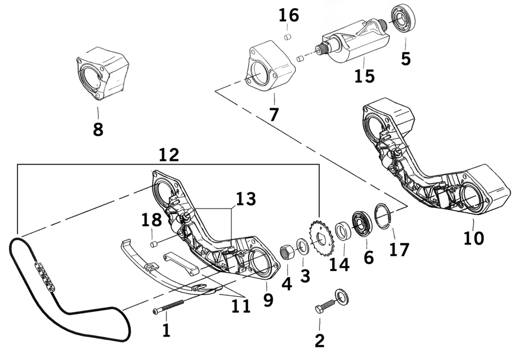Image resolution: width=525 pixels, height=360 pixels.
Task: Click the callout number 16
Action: (x=289, y=15)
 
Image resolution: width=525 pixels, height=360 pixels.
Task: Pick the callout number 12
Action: (x=169, y=155)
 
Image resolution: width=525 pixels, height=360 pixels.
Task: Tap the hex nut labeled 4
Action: (x=287, y=253)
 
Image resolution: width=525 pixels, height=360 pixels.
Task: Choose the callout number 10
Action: (x=473, y=238)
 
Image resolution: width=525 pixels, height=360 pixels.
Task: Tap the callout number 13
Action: (x=246, y=199)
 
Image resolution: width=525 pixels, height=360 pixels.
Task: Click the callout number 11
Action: (x=241, y=306)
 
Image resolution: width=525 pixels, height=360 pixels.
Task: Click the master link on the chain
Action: (x=44, y=276)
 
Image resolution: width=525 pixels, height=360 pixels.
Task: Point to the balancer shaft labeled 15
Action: (x=354, y=44)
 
